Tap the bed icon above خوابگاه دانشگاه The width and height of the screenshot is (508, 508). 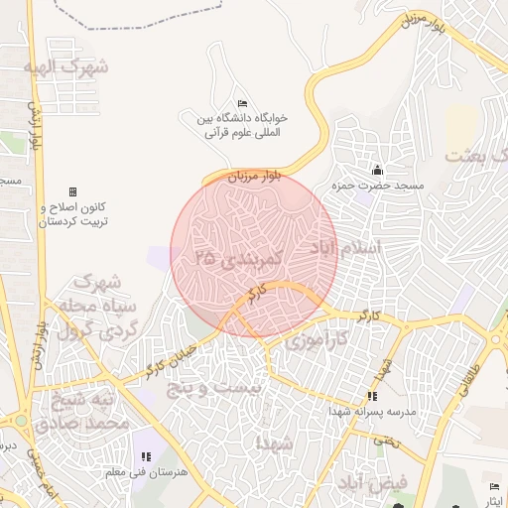(243, 104)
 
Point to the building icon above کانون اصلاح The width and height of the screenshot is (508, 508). (71, 191)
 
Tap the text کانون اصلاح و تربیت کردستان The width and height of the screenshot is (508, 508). (71, 216)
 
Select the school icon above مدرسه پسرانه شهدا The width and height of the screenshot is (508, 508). (371, 396)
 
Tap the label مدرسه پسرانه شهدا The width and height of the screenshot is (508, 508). (371, 411)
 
